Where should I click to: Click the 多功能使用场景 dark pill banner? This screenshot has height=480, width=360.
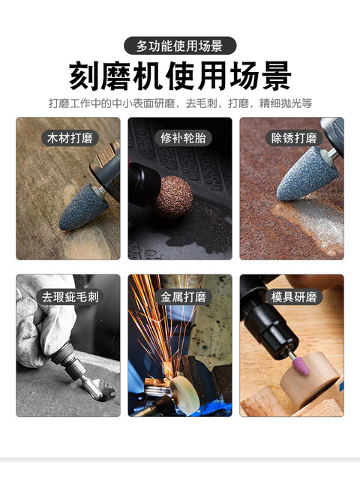point(180,46)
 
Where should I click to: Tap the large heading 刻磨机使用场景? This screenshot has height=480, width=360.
point(180,76)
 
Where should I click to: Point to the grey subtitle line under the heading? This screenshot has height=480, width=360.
point(180,102)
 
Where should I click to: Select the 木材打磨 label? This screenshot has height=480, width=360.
point(68,138)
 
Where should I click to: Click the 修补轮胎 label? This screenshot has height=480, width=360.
point(180,138)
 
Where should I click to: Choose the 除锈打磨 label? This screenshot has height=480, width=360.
point(292,138)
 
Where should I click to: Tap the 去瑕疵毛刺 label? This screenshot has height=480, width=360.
point(68,296)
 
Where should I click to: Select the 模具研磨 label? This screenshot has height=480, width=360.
point(292,296)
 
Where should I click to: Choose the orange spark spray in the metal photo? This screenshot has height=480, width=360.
point(154,322)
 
